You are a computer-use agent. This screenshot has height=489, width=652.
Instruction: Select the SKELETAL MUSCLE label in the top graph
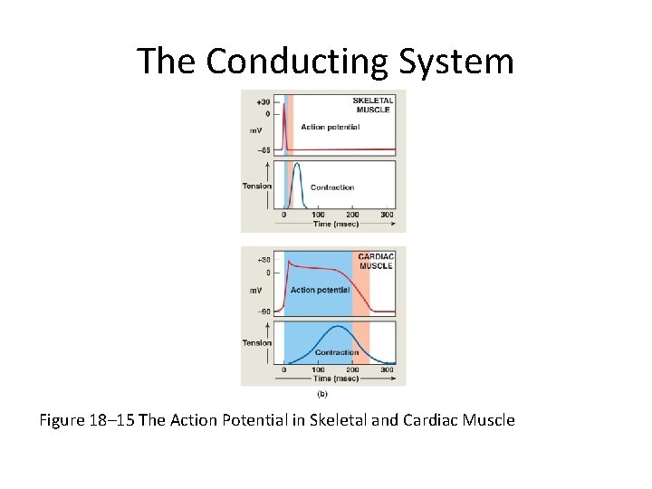click(x=372, y=104)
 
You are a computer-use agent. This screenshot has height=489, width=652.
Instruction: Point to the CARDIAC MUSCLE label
click(x=375, y=261)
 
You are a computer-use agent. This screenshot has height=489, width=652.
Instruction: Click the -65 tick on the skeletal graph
click(x=262, y=149)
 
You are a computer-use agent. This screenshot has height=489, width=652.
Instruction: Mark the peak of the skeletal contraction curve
click(x=297, y=165)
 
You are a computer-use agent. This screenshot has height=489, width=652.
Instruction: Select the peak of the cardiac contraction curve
click(x=338, y=326)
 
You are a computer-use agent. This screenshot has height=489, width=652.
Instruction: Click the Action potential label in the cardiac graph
click(x=320, y=290)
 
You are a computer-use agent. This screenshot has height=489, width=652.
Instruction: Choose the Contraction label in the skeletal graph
click(x=332, y=187)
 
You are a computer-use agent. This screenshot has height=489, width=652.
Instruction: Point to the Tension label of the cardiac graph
click(x=257, y=343)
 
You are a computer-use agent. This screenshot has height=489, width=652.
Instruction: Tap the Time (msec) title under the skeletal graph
click(x=336, y=224)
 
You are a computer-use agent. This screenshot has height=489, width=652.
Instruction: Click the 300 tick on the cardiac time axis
click(x=386, y=369)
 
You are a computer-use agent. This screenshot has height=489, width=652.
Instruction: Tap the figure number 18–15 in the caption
click(x=117, y=420)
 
